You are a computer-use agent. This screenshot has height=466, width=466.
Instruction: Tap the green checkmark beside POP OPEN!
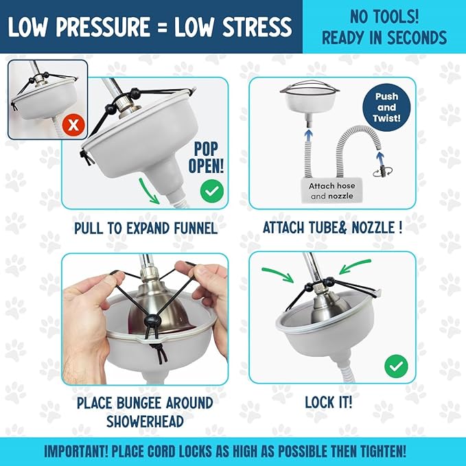tap(211, 191)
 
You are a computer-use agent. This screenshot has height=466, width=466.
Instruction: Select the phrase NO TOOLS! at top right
tap(384, 16)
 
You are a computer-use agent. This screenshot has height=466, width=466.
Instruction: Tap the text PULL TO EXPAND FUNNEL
tap(145, 227)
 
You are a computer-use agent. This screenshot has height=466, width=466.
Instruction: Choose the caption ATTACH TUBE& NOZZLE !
tap(332, 227)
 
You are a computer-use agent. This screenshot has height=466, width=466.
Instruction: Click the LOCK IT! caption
tap(331, 402)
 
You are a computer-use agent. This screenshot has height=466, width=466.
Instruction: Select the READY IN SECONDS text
tap(384, 37)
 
